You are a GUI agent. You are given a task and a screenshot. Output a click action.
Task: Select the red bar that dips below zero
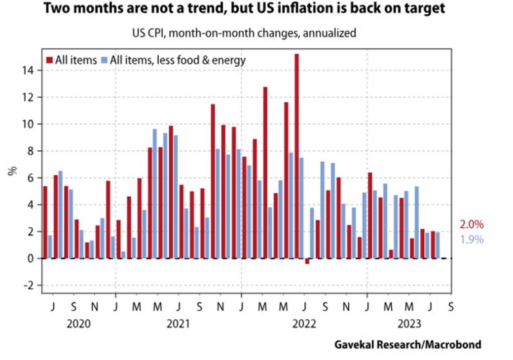(x=307, y=261)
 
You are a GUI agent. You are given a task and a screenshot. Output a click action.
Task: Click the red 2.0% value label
(x=472, y=225)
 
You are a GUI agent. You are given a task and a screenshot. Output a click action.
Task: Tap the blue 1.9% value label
(x=472, y=240)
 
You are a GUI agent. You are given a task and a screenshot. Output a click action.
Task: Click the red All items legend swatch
(x=49, y=60)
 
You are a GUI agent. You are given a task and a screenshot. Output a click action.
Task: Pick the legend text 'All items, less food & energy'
(x=178, y=60)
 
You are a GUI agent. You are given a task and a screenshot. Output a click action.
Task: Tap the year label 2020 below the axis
(x=79, y=324)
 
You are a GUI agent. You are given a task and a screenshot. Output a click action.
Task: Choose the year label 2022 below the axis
(x=304, y=324)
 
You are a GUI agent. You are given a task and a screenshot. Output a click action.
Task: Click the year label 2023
(x=409, y=324)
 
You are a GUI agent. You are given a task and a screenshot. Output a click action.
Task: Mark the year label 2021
(x=179, y=324)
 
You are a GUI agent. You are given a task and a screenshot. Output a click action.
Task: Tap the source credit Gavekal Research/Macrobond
(x=407, y=344)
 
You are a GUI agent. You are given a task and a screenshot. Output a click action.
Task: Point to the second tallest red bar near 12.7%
(x=265, y=173)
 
